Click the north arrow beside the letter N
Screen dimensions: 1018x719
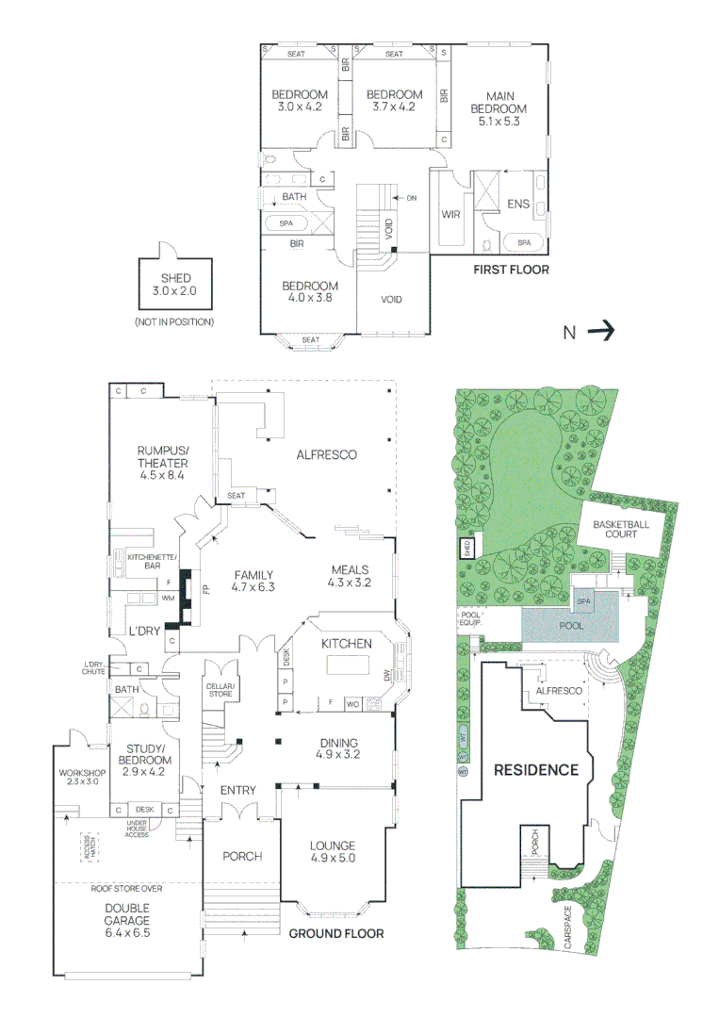[601, 331]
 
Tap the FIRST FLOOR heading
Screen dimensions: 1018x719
[511, 270]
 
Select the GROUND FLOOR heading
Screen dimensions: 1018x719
[335, 933]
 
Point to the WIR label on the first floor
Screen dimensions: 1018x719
[450, 214]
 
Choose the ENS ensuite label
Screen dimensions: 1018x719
[518, 203]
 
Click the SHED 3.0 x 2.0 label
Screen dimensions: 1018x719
[175, 285]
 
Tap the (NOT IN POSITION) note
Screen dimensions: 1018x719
[175, 321]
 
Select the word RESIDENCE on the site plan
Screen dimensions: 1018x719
[536, 770]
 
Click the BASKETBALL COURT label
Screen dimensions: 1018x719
[615, 529]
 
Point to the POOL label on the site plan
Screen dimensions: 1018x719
[571, 625]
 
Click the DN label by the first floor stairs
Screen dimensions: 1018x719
[411, 198]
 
